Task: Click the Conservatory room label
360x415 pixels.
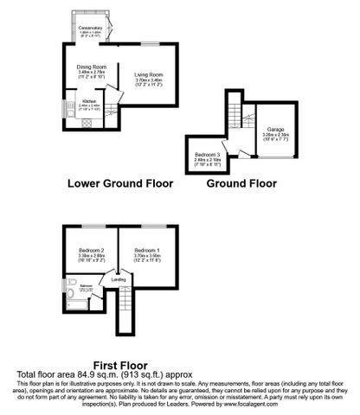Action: click(x=91, y=29)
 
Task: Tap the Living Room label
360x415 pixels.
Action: click(x=149, y=75)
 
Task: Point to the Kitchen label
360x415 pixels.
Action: click(x=87, y=101)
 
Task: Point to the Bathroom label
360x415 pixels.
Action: click(x=87, y=285)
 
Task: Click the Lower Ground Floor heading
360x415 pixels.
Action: click(x=120, y=184)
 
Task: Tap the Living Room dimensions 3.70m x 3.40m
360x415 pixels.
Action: click(x=149, y=81)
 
